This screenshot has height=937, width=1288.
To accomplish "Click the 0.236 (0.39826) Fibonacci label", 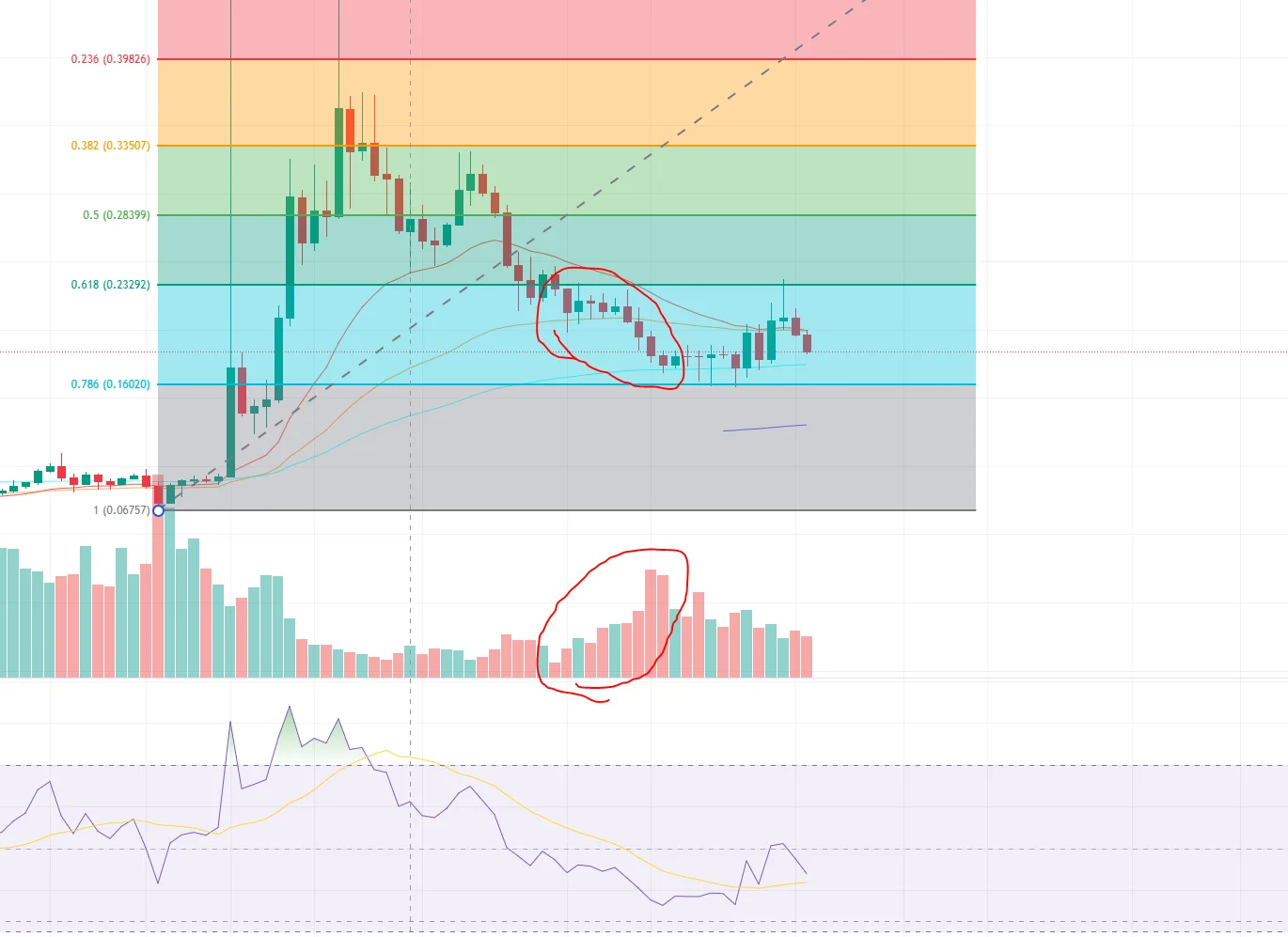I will click(110, 59).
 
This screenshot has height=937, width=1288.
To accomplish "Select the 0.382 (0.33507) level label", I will click(110, 146).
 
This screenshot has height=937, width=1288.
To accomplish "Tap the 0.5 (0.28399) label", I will click(116, 215).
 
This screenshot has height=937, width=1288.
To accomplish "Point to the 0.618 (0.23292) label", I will click(110, 285).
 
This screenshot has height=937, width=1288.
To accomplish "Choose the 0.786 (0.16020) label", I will click(110, 384).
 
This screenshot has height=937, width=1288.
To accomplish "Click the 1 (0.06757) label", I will click(120, 510).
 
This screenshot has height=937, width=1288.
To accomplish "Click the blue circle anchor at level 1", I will click(158, 510).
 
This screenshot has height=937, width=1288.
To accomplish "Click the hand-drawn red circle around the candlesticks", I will click(540, 320).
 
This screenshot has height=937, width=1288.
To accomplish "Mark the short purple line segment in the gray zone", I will click(764, 428).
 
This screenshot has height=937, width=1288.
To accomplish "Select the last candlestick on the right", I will click(807, 343).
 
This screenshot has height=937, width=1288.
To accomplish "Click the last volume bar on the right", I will click(807, 656).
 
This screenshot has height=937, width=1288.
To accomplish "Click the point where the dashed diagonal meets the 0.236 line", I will click(783, 59).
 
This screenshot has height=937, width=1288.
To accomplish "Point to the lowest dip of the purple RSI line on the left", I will click(158, 882).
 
